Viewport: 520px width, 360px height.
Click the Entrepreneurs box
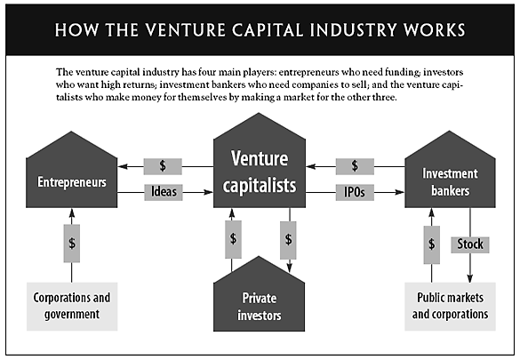[72, 182]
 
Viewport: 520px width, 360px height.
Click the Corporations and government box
[72, 305]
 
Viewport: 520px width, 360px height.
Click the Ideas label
[163, 190]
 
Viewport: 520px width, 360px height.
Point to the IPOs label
[355, 190]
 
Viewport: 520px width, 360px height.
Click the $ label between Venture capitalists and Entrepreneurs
[163, 165]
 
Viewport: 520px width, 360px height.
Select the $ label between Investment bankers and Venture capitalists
[355, 165]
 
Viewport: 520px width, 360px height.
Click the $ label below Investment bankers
[432, 242]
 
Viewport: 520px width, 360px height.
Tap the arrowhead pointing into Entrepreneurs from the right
[124, 165]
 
